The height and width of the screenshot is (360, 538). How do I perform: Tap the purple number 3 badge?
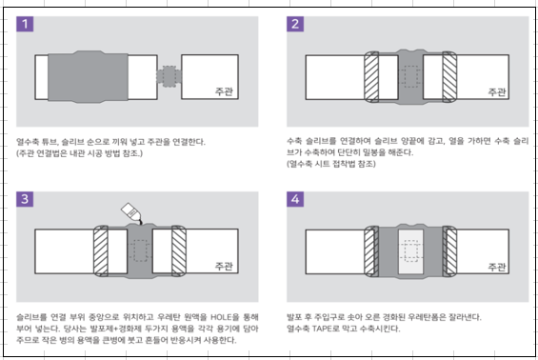point(26,199)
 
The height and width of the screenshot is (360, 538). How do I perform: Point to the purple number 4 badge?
point(296,199)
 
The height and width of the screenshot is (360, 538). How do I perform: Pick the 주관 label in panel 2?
point(497,92)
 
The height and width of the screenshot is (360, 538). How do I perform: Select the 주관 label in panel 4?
point(497,266)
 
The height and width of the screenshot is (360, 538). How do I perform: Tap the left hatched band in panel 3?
point(102,251)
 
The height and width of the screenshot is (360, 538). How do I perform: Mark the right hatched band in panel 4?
point(450,251)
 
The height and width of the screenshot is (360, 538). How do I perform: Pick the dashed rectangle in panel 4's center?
point(411,251)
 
